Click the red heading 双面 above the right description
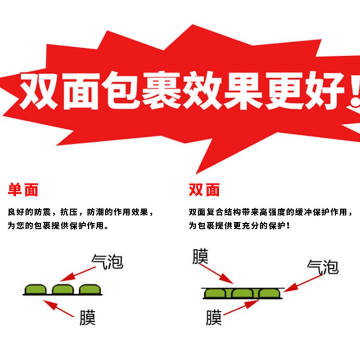(204, 189)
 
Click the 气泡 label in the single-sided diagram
(107, 261)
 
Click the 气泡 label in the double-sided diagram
(322, 267)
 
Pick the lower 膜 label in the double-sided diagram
(214, 318)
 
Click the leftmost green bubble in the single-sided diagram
(35, 289)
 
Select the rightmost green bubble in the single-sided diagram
(89, 289)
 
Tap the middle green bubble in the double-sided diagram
(243, 293)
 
